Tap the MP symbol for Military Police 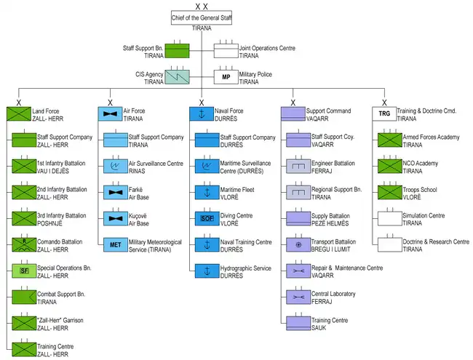(226, 77)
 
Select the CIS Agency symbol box (178, 76)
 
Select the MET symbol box (114, 244)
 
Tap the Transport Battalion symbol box (297, 244)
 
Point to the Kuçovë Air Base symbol (114, 217)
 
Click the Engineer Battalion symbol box (297, 166)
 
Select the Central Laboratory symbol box (297, 297)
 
